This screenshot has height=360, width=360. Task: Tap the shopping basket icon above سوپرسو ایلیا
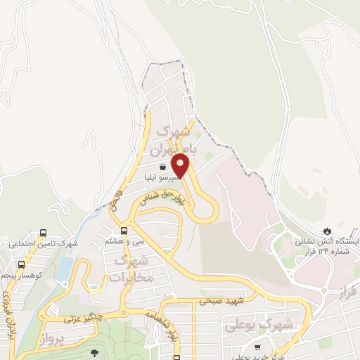coord(163,167)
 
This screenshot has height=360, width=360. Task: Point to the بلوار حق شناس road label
coord(163,198)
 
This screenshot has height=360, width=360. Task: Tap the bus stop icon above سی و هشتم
coord(124,230)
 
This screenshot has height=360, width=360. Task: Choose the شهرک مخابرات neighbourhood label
coord(130,269)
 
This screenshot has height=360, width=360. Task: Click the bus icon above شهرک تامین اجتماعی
coord(44,233)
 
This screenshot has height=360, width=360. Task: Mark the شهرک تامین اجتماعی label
coord(41,244)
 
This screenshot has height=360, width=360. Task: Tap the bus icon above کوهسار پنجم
coord(21,264)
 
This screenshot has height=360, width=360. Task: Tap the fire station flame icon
coord(327,231)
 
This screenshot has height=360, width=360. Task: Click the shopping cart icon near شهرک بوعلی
coord(257,347)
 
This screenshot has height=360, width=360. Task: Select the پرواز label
coord(51,339)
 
